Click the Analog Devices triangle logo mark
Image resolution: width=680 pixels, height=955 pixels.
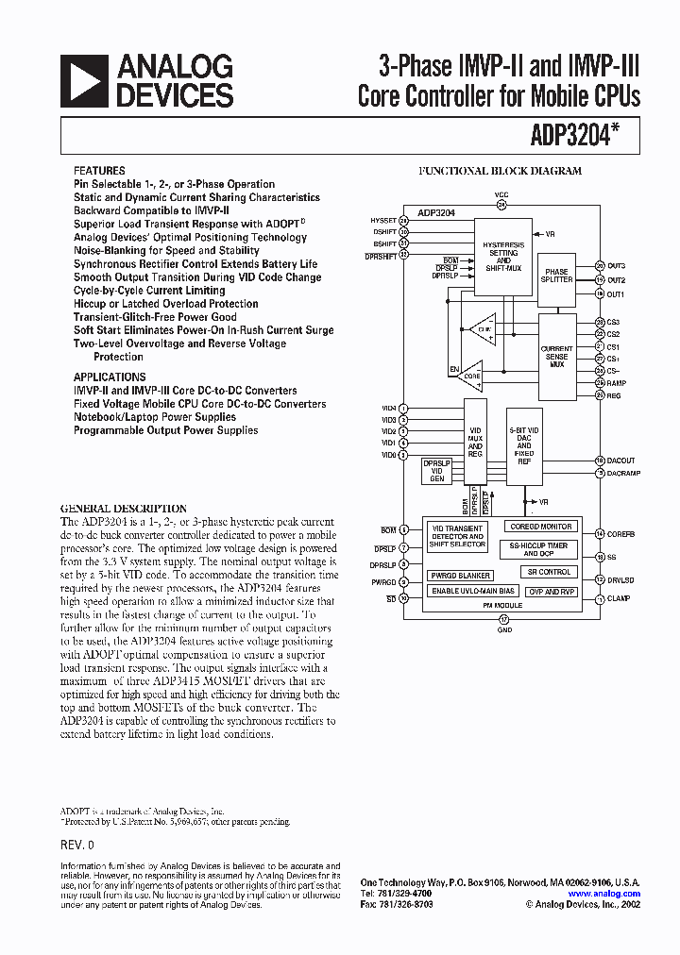(x=85, y=80)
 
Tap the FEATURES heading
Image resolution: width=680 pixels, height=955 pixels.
(x=99, y=171)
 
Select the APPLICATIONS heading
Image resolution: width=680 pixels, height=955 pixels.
(x=110, y=377)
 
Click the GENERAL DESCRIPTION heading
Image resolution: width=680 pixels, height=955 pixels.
(x=124, y=508)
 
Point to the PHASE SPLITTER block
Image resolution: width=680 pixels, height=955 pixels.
(x=557, y=276)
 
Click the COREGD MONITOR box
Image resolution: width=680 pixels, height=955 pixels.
(x=541, y=527)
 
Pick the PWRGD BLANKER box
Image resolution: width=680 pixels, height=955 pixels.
(x=460, y=575)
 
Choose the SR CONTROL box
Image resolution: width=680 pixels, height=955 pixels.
(x=549, y=572)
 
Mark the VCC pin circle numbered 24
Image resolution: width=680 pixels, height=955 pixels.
(x=501, y=204)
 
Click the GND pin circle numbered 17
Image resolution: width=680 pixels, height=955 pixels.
(x=503, y=618)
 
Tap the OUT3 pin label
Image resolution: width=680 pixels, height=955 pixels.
(x=617, y=266)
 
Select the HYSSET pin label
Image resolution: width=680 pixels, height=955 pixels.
(x=383, y=220)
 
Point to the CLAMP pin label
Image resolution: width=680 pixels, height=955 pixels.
(x=620, y=599)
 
